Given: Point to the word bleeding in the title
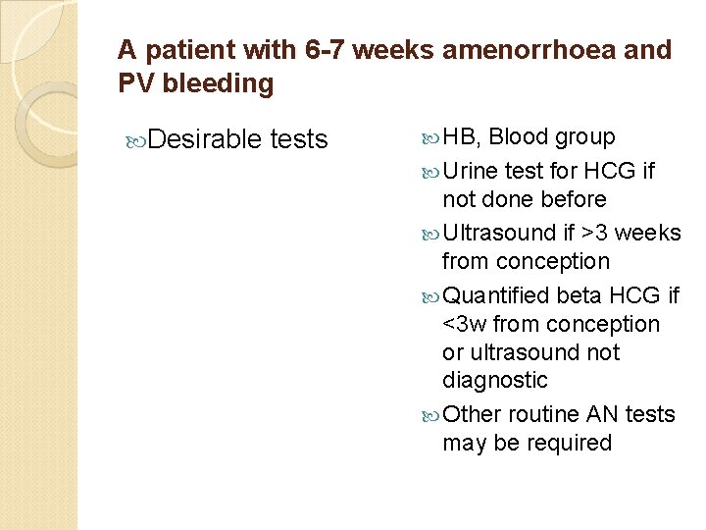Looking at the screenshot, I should tap(218, 84).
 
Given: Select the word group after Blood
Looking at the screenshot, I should tap(585, 137).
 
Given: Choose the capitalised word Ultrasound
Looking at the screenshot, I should tap(499, 233).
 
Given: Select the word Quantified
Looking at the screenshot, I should tap(495, 295).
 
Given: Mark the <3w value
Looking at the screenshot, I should tap(465, 324).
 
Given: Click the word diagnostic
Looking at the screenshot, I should tap(494, 380).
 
